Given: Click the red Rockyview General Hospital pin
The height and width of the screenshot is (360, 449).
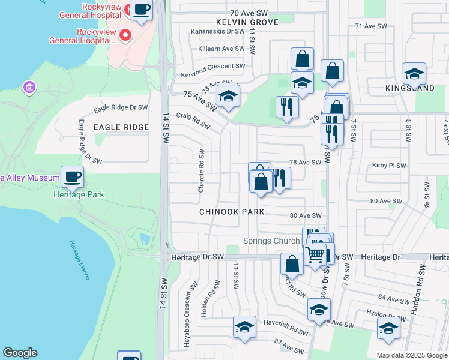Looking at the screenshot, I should [x=125, y=35].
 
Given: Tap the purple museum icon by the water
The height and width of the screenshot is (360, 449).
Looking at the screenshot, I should [x=28, y=88].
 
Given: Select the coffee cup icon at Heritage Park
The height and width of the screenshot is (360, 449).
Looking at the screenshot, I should [x=72, y=176].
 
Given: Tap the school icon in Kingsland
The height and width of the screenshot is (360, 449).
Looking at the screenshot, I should [x=414, y=74].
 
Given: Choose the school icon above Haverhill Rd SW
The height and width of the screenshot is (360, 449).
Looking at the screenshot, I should [x=244, y=327].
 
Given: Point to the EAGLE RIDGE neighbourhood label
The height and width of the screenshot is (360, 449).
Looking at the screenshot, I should [x=121, y=127].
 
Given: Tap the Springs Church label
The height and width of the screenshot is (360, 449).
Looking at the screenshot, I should [x=271, y=241].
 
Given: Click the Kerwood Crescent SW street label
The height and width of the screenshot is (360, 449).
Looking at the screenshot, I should [x=213, y=66].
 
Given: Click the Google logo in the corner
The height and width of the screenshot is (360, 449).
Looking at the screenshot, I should [x=20, y=353].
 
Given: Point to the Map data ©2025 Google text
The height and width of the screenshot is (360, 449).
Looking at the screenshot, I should [x=411, y=355].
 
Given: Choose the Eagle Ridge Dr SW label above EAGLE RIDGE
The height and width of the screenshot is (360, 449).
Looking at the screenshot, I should [x=121, y=108].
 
